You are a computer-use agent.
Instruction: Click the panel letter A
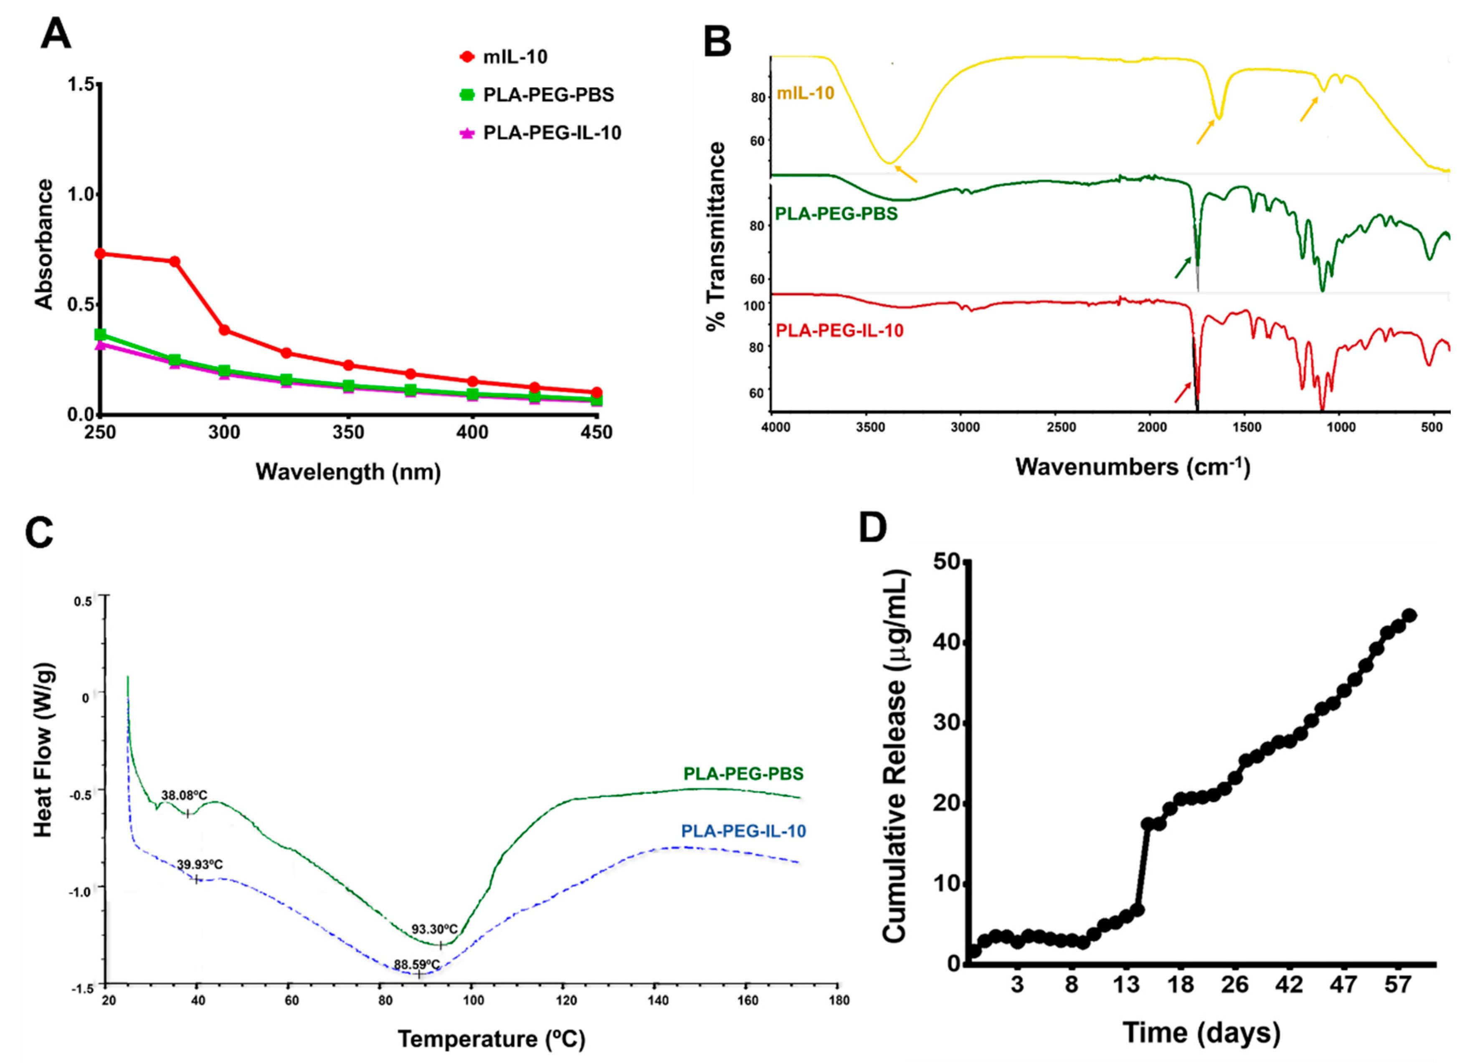click(x=56, y=34)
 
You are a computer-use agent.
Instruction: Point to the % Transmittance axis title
click(x=716, y=237)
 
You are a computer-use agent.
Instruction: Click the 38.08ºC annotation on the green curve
click(x=184, y=795)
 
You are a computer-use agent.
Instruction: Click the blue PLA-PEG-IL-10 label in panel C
click(x=743, y=831)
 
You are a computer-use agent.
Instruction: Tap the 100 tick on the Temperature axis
click(x=473, y=1000)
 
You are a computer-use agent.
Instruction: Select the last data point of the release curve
click(x=1409, y=615)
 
